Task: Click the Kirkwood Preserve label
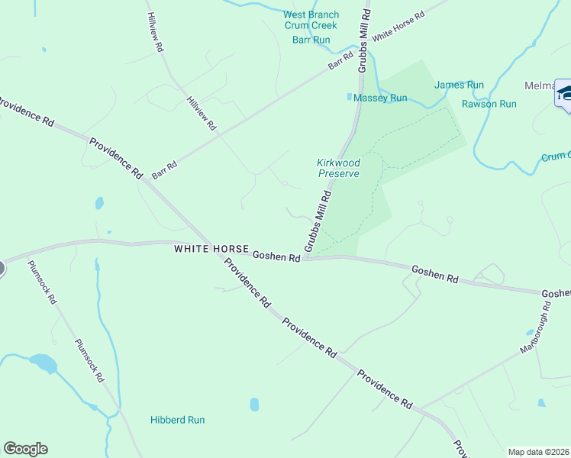click(x=338, y=168)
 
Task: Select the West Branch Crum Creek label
click(x=311, y=20)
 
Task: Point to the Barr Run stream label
click(x=311, y=40)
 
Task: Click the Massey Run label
click(x=382, y=98)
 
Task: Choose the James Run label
click(x=459, y=85)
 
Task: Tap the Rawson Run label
click(x=489, y=104)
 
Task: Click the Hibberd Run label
click(x=177, y=420)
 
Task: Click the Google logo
click(x=25, y=449)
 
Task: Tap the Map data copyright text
click(x=538, y=452)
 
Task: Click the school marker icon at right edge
click(x=563, y=94)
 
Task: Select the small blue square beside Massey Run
click(x=350, y=97)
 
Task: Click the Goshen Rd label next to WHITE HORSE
click(x=276, y=257)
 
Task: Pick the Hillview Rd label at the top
click(x=156, y=32)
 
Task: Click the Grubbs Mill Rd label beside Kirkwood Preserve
click(x=318, y=221)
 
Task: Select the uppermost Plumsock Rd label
click(x=42, y=282)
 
